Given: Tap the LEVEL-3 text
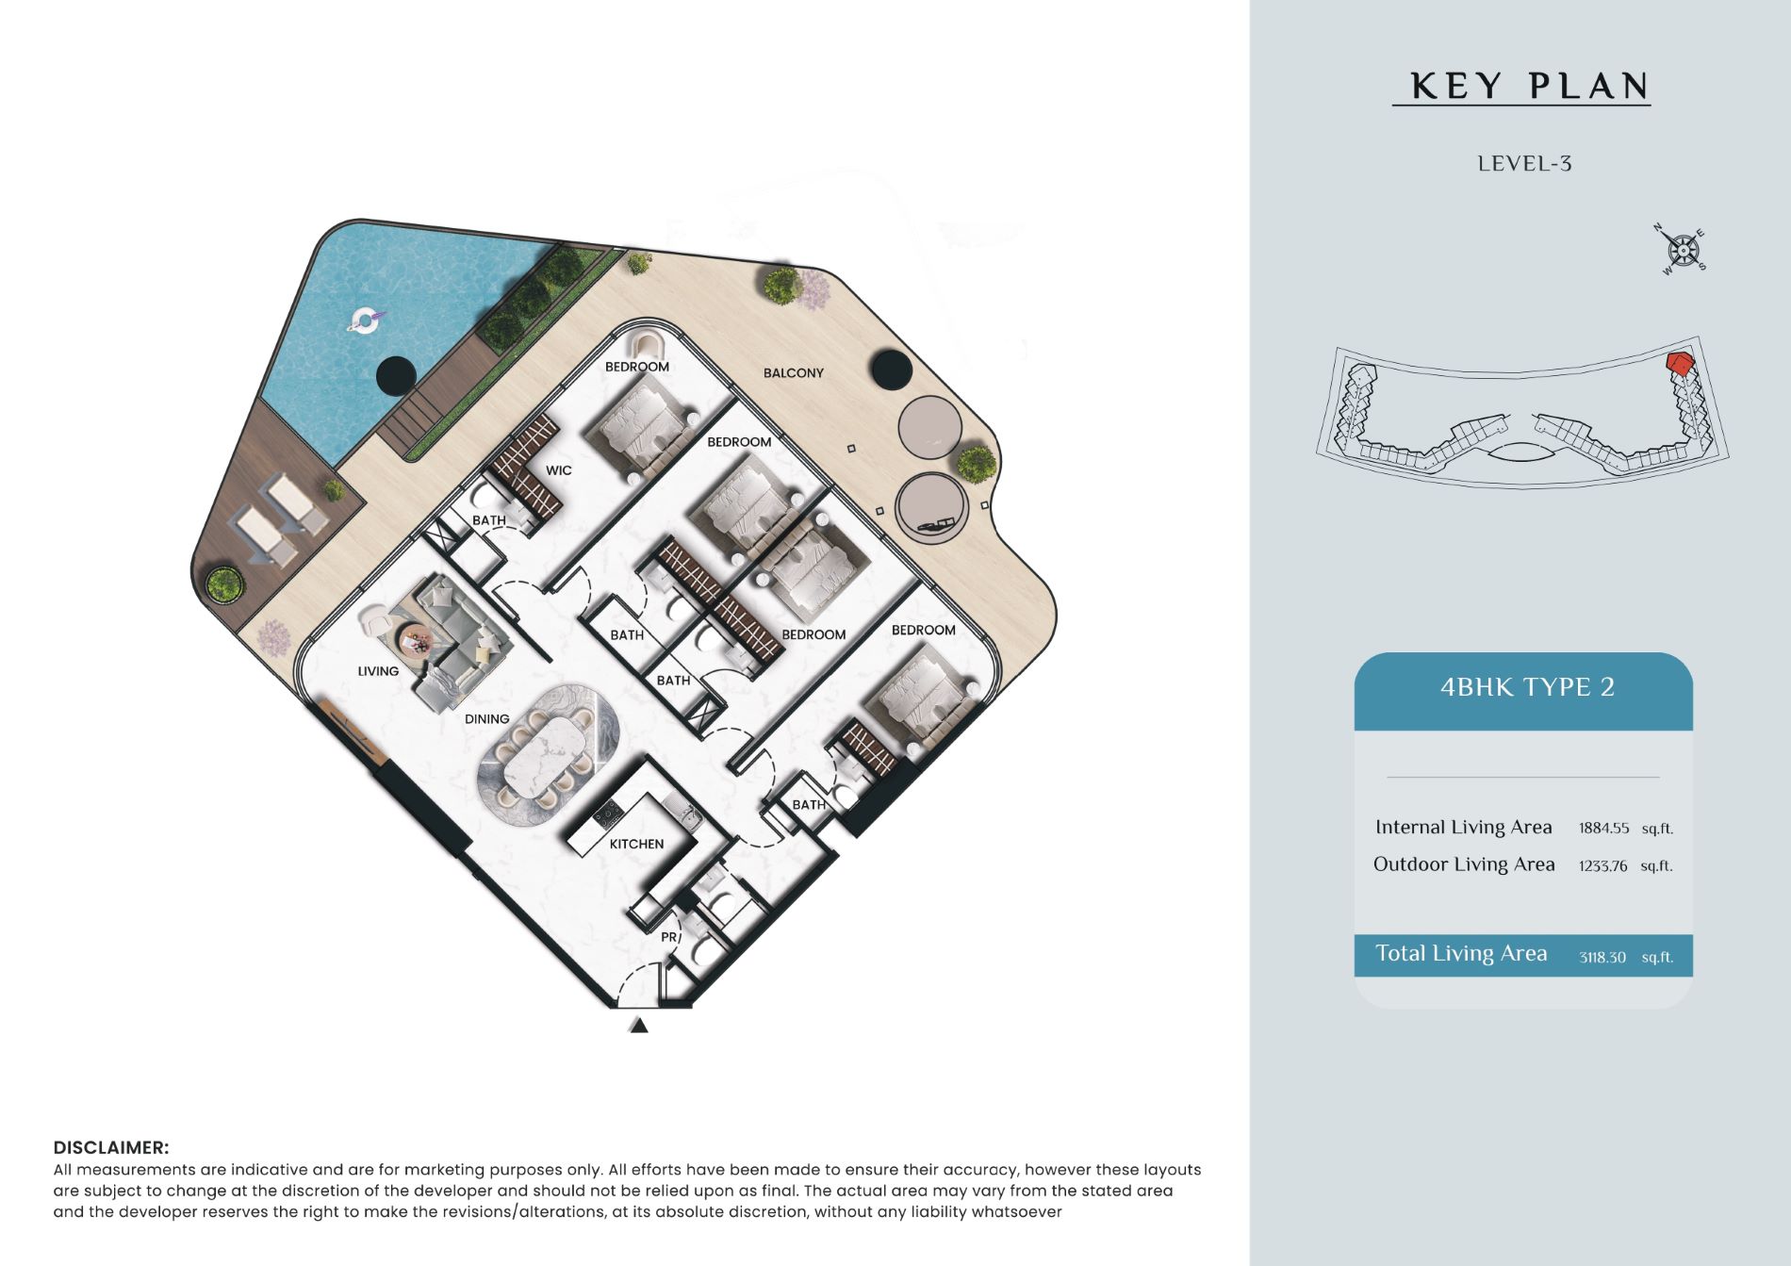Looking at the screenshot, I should coord(1524,164).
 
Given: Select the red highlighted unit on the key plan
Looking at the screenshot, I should coord(1678,364).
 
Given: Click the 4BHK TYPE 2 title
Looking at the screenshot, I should coord(1527,687).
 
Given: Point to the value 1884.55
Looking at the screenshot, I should coord(1603,829).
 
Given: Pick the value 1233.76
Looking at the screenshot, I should coord(1602,865).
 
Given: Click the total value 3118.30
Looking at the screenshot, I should coord(1602,957).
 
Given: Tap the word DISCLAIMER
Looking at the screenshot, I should coord(111,1147).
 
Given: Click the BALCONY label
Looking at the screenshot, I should coord(793,373).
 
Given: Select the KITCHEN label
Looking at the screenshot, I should coord(636,844).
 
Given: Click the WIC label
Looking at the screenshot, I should coord(558,470).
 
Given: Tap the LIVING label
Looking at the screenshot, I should coord(378,671).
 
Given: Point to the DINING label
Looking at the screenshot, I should coord(486,719).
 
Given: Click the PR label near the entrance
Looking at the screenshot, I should coord(669,937).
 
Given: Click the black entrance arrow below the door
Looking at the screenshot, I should coord(639,1026).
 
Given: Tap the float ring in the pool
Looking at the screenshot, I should coord(363,321).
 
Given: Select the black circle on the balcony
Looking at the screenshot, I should coord(891,370).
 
